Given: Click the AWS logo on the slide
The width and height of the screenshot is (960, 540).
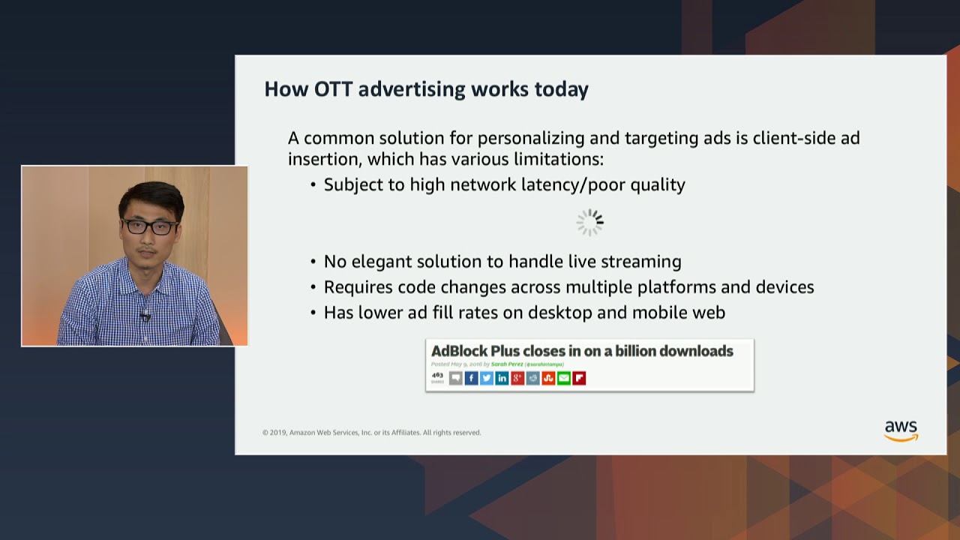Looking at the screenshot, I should [x=901, y=430].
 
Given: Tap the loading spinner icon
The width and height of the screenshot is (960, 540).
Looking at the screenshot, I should [x=589, y=222].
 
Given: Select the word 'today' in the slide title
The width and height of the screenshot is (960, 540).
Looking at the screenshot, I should [x=561, y=89].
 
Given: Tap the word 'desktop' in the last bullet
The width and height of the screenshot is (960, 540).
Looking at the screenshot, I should [x=559, y=313].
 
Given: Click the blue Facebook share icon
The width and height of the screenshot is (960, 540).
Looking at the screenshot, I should [x=471, y=378].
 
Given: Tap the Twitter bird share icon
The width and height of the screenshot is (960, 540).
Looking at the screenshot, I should [x=487, y=378].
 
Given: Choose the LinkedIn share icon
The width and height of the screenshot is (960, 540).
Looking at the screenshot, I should [x=502, y=378].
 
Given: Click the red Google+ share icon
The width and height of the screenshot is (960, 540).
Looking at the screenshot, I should [x=517, y=378].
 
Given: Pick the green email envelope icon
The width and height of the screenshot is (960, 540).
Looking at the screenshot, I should [x=564, y=378].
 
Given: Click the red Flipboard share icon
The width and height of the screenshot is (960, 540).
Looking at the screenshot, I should [x=579, y=378].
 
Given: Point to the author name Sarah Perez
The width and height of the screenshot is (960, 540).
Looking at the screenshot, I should [x=507, y=364].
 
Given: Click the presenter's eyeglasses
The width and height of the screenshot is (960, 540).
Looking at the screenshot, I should [x=150, y=226].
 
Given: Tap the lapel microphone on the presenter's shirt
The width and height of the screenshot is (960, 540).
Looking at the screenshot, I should [x=145, y=315].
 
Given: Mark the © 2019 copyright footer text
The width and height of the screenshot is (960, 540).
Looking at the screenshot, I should [x=371, y=433].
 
